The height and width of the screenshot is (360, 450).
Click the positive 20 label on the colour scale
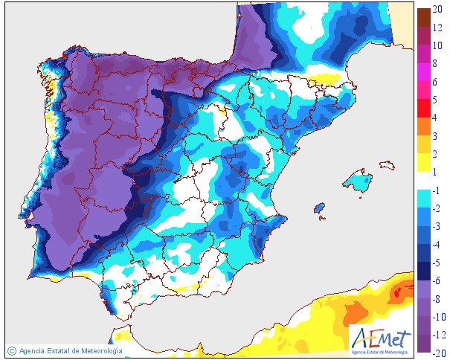click(439, 10)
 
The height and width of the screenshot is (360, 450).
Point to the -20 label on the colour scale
click(437, 353)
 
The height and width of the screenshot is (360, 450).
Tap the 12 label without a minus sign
click(439, 28)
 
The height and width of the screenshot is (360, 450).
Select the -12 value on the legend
click(437, 335)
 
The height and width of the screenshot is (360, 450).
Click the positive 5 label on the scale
click(439, 99)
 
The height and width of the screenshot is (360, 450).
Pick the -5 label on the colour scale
click(437, 263)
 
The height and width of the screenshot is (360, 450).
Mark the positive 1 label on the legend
click(439, 172)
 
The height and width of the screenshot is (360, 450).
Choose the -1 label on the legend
click(437, 190)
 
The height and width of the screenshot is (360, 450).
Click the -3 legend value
click(437, 227)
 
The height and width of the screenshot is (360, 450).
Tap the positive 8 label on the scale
click(439, 64)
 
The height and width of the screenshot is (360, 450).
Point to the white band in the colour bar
click(422, 181)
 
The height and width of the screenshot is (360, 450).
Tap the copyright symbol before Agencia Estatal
click(11, 350)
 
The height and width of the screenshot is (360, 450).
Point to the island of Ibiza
click(319, 208)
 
